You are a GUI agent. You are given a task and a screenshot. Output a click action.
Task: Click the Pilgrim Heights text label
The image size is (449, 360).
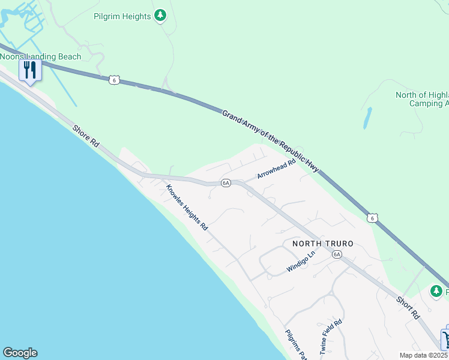pyautogui.click(x=122, y=16)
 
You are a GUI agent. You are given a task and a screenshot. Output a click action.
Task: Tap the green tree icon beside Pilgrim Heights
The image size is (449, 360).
pyautogui.click(x=160, y=16)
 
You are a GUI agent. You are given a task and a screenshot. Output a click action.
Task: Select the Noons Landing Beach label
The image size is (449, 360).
pyautogui.click(x=40, y=56)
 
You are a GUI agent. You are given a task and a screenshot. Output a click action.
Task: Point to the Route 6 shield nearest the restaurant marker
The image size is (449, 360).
pyautogui.click(x=114, y=80)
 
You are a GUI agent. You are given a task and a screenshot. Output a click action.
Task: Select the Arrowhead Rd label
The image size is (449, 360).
pyautogui.click(x=277, y=169)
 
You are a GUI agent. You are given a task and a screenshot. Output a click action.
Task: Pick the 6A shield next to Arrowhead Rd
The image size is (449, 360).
pyautogui.click(x=226, y=183)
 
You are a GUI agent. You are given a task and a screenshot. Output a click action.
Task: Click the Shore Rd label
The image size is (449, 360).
pyautogui.click(x=86, y=137)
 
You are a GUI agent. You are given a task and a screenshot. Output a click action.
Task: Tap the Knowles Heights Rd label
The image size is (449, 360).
pyautogui.click(x=187, y=207)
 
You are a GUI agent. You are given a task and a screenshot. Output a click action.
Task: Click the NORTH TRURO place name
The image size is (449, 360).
pyautogui.click(x=322, y=244)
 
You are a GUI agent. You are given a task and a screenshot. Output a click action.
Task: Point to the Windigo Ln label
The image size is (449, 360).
pyautogui.click(x=300, y=262)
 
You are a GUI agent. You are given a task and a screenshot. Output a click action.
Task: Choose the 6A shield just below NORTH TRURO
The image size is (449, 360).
pyautogui.click(x=337, y=254)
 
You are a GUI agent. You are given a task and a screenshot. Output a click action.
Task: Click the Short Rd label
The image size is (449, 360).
pyautogui.click(x=407, y=306)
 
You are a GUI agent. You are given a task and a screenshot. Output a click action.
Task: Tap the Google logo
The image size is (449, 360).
pyautogui.click(x=20, y=353)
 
